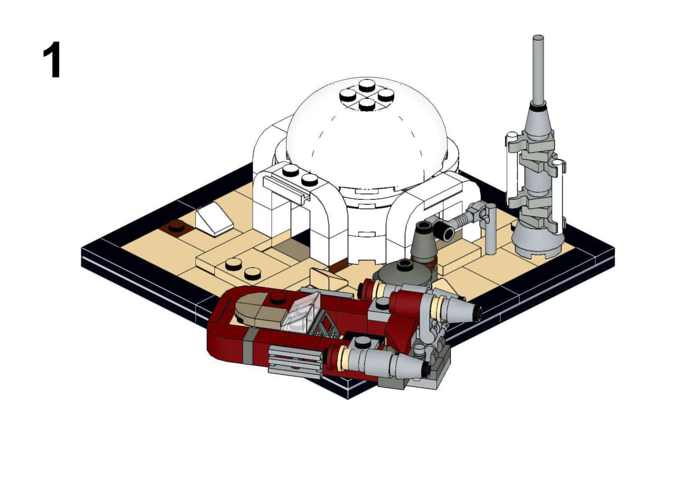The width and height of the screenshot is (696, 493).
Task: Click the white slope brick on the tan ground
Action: (x=215, y=219)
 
